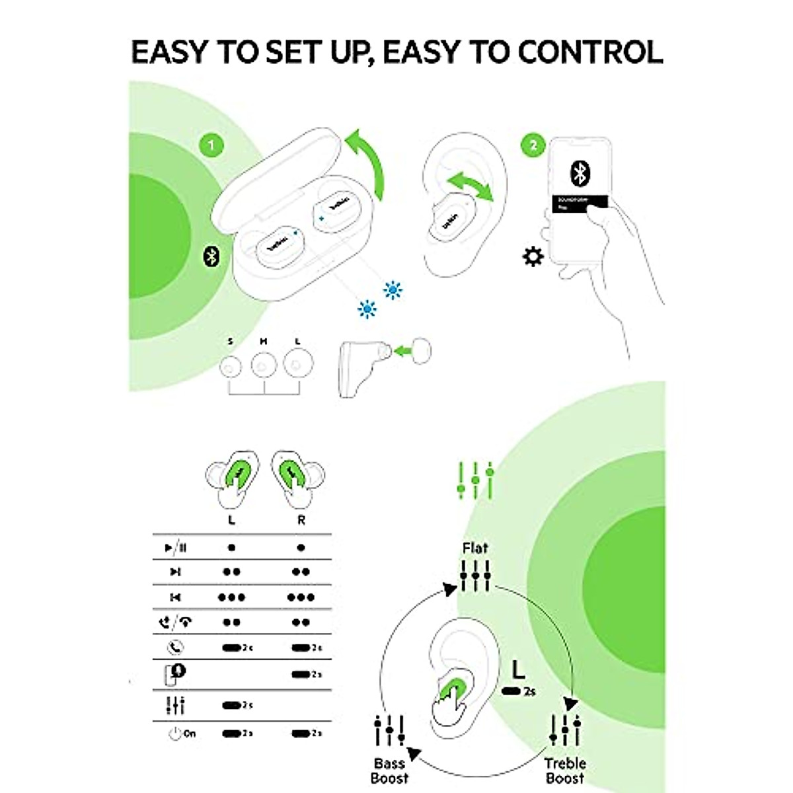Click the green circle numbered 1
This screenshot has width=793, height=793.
pos(211,145)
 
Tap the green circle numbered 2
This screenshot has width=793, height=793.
pos(533,145)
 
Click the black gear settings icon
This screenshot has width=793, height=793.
pos(533,256)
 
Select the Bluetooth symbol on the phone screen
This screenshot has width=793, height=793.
pos(580,173)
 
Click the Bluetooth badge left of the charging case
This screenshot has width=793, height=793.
pos(211,256)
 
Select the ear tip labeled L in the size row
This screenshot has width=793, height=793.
pos(297,364)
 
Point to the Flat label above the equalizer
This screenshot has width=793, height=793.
pos(475,548)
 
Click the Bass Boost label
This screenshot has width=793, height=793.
pos(389,771)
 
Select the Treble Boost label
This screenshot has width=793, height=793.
pos(565,771)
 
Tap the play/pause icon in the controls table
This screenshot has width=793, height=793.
pos(176,548)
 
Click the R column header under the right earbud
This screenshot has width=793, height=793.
pos(301,520)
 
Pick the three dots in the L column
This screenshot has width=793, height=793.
pos(231,597)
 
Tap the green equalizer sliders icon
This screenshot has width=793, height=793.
pos(475,480)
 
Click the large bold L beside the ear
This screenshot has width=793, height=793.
pos(518,670)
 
